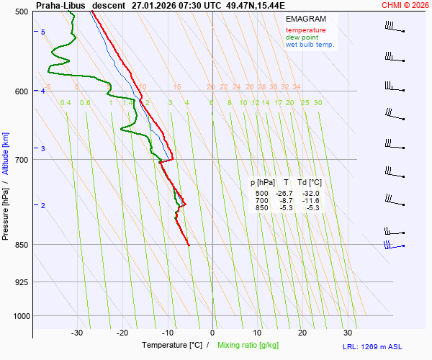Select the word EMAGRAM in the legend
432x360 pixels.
305,18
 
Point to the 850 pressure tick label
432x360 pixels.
20,245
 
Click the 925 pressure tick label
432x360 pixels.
20,282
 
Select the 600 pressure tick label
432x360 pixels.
20,91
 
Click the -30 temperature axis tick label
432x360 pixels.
77,333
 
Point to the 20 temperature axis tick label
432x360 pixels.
302,333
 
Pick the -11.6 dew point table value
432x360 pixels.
312,201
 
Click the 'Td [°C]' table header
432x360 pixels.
311,183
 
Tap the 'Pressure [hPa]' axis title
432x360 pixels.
5,209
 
